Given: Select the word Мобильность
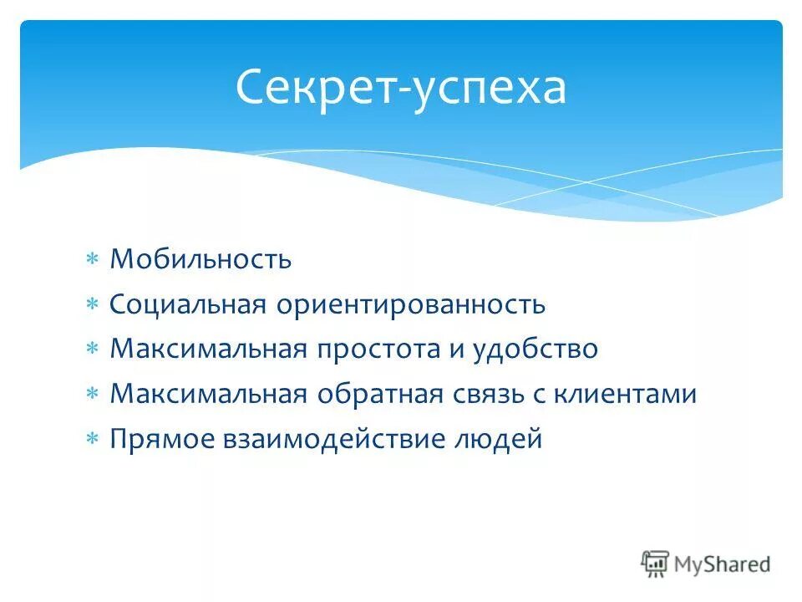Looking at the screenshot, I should pyautogui.click(x=200, y=259).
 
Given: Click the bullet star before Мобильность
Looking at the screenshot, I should pyautogui.click(x=93, y=260).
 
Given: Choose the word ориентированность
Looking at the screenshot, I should pyautogui.click(x=409, y=304).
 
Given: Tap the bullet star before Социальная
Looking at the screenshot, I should pyautogui.click(x=93, y=305).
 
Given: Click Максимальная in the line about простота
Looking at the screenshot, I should pyautogui.click(x=208, y=349).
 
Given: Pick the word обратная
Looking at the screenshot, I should pyautogui.click(x=372, y=394).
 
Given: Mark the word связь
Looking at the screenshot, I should pyautogui.click(x=479, y=394).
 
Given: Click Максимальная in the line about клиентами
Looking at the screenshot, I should pyautogui.click(x=208, y=394).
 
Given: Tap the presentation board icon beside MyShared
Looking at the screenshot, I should pyautogui.click(x=656, y=564).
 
